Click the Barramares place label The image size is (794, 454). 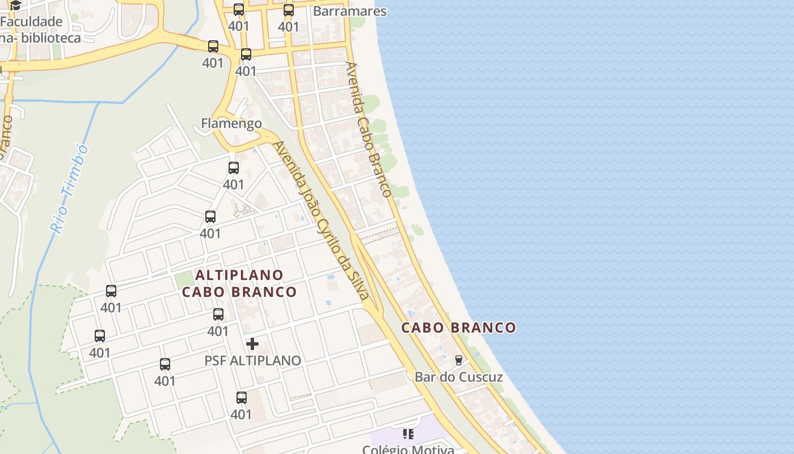point(349,11)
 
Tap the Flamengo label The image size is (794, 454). point(231,123)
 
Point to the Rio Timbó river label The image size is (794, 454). point(70,189)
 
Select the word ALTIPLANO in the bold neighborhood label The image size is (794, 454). point(239,275)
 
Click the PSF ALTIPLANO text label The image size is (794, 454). point(252,360)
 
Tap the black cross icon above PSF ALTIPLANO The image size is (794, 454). point(252,344)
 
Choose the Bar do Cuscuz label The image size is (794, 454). point(458,377)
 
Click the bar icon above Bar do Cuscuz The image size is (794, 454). point(459,360)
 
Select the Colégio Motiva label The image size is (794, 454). point(408,449)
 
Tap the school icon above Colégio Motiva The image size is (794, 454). point(408,434)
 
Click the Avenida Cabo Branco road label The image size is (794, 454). point(369,129)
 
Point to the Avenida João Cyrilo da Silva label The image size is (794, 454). point(321,220)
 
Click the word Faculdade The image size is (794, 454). point(31,22)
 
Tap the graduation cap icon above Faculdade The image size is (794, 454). point(15,6)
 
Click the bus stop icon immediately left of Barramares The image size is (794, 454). point(289,10)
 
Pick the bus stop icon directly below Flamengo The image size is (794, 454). point(234,168)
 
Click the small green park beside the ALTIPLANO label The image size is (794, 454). point(183,279)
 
